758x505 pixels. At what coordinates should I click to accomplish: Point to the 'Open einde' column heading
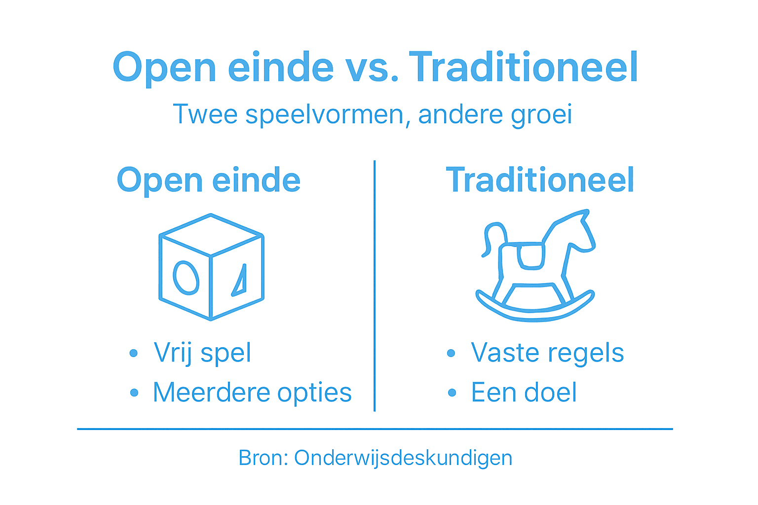click(x=208, y=180)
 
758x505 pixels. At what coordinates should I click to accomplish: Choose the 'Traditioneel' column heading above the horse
click(x=540, y=180)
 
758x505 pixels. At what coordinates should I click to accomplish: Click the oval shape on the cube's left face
click(x=186, y=278)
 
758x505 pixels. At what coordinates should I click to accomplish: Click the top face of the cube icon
click(x=211, y=234)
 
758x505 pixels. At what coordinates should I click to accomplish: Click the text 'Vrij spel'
click(x=202, y=353)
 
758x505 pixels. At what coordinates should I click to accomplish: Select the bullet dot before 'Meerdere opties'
click(x=134, y=393)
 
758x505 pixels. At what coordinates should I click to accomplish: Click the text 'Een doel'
click(x=524, y=393)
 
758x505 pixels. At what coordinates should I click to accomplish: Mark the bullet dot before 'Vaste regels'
click(x=451, y=353)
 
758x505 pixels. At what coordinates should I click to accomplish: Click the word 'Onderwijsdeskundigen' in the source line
click(x=403, y=458)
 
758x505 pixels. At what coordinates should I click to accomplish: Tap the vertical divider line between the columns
click(x=375, y=286)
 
